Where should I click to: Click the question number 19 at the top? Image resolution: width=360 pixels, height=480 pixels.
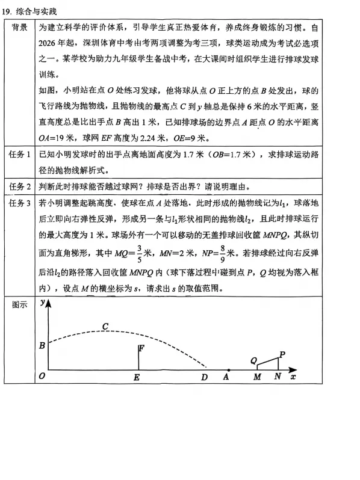7,11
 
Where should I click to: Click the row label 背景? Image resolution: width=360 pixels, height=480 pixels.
22,28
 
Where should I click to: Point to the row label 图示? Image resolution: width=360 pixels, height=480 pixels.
22,305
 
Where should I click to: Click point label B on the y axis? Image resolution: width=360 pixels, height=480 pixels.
42,346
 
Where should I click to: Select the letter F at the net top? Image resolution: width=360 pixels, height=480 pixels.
141,348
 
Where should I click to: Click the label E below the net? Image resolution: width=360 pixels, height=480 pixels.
137,378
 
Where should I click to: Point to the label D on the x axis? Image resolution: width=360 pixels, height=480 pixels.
205,378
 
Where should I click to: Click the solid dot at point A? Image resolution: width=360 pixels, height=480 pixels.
229,369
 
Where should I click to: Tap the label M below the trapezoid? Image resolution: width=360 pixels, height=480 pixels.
257,378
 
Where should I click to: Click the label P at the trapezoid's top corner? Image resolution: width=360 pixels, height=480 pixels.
282,354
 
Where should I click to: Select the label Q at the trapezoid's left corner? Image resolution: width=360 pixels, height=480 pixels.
254,360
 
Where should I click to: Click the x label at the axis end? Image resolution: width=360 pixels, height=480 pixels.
293,377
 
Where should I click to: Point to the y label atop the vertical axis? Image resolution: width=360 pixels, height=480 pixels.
42,304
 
